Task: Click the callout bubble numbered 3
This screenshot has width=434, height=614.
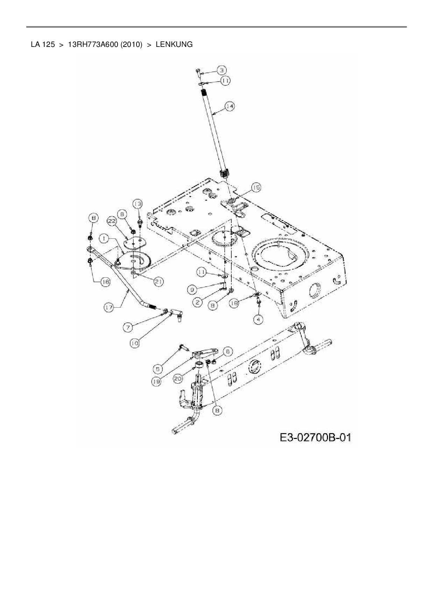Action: click(221, 70)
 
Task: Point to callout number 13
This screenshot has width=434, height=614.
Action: click(138, 204)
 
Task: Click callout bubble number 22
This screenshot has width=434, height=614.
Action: click(112, 221)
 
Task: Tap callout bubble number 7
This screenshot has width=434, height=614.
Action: click(128, 327)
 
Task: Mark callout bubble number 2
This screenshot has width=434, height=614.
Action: click(198, 302)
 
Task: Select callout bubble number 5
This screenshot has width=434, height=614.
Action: click(158, 368)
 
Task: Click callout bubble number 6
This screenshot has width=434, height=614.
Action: click(227, 351)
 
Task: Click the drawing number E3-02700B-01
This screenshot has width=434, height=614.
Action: click(315, 438)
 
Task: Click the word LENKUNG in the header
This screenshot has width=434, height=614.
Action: click(174, 44)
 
